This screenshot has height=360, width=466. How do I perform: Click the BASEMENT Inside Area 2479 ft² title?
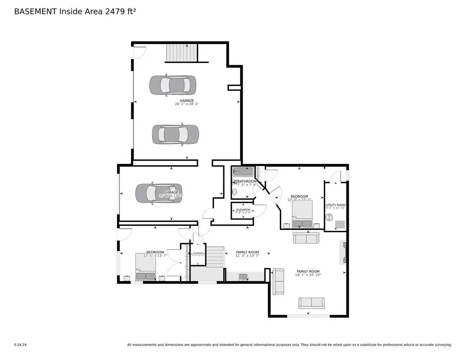[x=75, y=12]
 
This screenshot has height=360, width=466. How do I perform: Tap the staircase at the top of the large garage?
[x=182, y=53]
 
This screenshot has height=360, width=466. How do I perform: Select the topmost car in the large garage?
[x=173, y=85]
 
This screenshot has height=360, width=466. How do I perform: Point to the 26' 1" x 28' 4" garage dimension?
[x=187, y=104]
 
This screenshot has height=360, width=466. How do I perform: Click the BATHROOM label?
[x=247, y=181]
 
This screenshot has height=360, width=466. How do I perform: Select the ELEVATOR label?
[x=243, y=210]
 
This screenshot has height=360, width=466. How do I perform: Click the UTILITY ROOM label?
[x=336, y=205]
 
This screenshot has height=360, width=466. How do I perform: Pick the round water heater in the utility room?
[x=329, y=217]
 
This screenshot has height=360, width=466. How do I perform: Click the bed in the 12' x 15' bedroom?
[x=302, y=215]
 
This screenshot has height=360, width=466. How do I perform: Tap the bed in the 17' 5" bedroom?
[x=145, y=267]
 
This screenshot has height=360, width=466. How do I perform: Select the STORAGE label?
[x=198, y=253]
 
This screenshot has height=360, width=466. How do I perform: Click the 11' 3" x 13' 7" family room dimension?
[x=247, y=256]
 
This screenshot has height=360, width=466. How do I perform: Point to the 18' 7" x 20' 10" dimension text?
[x=308, y=275]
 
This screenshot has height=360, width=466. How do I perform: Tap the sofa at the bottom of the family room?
[x=312, y=303]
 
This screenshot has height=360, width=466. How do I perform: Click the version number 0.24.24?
[x=20, y=345]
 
